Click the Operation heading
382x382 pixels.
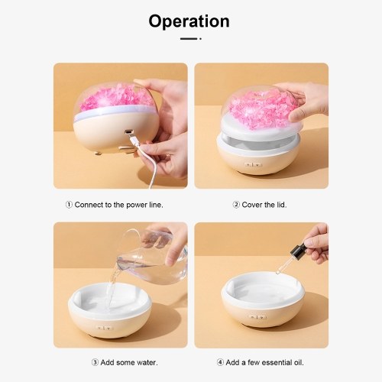189,21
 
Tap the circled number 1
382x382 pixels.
69,205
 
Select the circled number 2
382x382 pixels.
236,205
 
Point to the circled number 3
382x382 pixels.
95,362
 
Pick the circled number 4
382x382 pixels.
220,362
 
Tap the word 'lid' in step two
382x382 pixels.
281,205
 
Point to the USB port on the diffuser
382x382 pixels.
128,132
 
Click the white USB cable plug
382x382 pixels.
134,141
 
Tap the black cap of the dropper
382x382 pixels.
299,250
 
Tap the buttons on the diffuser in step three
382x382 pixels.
105,328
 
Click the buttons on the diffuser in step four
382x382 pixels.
257,317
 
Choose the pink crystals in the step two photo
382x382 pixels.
264,108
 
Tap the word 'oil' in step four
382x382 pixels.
299,362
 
